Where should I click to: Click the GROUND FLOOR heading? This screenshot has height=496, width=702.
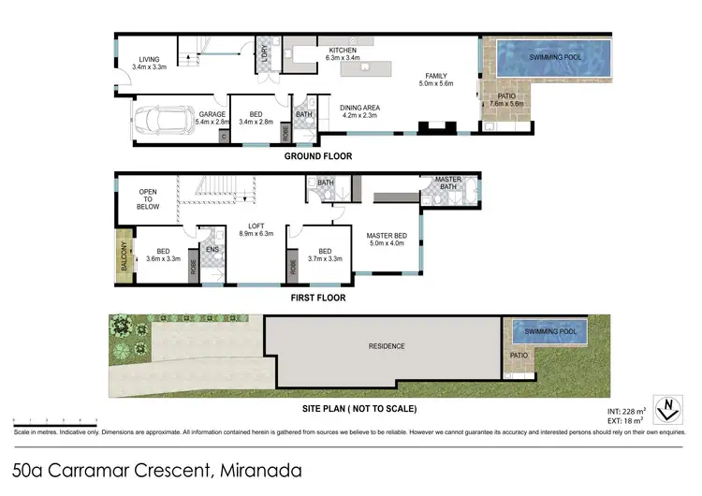[318, 156]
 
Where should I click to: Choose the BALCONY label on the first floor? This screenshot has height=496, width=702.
[122, 253]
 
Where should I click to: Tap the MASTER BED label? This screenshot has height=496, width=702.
[385, 236]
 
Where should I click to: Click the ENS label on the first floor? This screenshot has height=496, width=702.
[212, 249]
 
